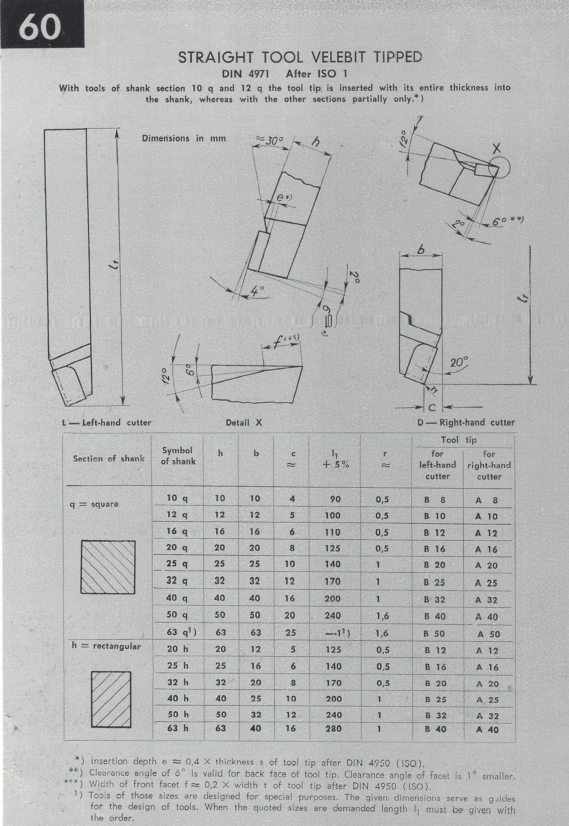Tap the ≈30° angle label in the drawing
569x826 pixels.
[268, 140]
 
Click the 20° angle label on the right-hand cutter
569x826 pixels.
[459, 362]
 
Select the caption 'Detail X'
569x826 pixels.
[244, 423]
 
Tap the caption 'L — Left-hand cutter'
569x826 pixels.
[106, 423]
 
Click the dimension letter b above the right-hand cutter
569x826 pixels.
[421, 250]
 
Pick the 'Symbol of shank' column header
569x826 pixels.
[178, 456]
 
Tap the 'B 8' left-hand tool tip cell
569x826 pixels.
[435, 500]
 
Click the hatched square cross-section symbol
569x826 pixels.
[108, 567]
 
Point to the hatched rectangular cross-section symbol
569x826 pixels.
[111, 699]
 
